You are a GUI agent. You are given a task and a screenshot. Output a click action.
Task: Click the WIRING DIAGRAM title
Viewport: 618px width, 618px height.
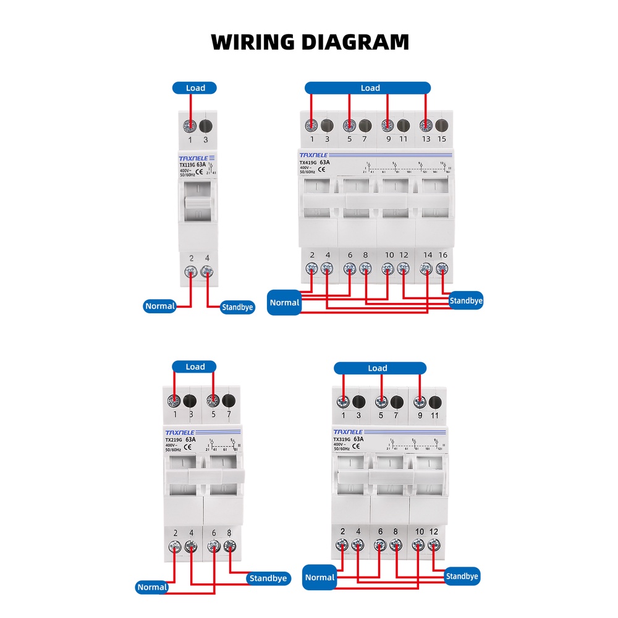[310, 42]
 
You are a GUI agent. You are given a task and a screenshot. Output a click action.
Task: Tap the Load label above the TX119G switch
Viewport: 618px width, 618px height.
[195, 88]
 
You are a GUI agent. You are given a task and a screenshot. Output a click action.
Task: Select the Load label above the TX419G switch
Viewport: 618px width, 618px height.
[370, 88]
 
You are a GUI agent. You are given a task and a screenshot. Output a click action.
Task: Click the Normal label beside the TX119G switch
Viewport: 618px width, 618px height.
[160, 306]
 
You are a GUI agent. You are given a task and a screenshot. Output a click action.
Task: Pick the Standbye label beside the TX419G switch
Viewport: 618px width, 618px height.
[466, 301]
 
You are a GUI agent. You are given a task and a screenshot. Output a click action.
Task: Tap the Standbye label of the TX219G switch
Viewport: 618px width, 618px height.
[268, 578]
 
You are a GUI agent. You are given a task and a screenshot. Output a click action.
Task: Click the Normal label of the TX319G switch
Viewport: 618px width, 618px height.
[320, 577]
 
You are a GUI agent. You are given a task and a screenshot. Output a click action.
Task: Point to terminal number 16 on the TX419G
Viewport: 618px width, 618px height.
[442, 255]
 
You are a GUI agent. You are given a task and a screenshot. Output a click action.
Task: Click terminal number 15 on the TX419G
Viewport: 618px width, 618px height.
[441, 139]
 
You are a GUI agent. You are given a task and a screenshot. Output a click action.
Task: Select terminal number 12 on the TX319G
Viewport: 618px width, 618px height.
[434, 532]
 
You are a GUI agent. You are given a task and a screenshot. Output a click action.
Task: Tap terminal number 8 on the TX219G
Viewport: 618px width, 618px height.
[230, 533]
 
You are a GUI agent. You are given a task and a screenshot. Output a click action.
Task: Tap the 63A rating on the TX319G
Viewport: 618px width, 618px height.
[357, 439]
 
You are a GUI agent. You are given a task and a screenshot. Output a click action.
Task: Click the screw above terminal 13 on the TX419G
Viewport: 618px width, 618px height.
[426, 125]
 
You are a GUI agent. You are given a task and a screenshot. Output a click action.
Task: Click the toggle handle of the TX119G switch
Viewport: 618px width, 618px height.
[197, 204]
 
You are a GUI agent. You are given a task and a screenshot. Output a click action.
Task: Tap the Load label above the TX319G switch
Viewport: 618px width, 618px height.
[377, 368]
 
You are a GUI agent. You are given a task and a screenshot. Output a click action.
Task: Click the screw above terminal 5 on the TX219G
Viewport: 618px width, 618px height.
[214, 400]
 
